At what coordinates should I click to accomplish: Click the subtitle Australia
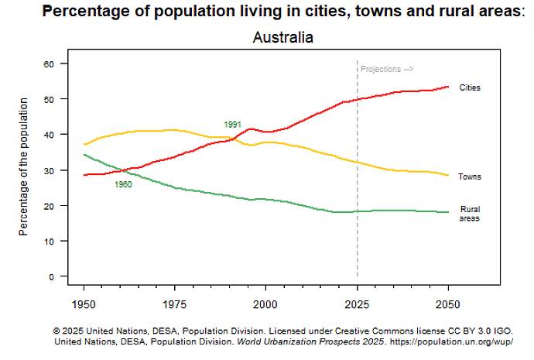pos(282,37)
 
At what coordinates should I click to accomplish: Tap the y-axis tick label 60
pos(52,63)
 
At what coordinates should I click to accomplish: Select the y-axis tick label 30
pos(52,170)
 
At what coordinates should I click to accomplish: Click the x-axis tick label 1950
pos(84,303)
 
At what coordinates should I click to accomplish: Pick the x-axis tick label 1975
pos(174,303)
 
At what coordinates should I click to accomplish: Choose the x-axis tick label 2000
pos(265,303)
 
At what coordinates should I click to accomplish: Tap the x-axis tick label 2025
pos(357,303)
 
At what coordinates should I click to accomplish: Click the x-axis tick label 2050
pos(448,303)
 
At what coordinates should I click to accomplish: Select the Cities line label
pos(470,87)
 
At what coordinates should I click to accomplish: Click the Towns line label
pos(469,177)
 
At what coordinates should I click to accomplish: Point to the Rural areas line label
pos(470,214)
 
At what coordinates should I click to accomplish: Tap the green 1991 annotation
pos(232,125)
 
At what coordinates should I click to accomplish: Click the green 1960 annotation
pos(123,184)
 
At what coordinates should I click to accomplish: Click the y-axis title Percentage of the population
pos(24,166)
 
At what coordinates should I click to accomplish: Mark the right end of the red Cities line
pos(448,87)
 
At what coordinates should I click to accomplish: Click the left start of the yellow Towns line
pos(84,144)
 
